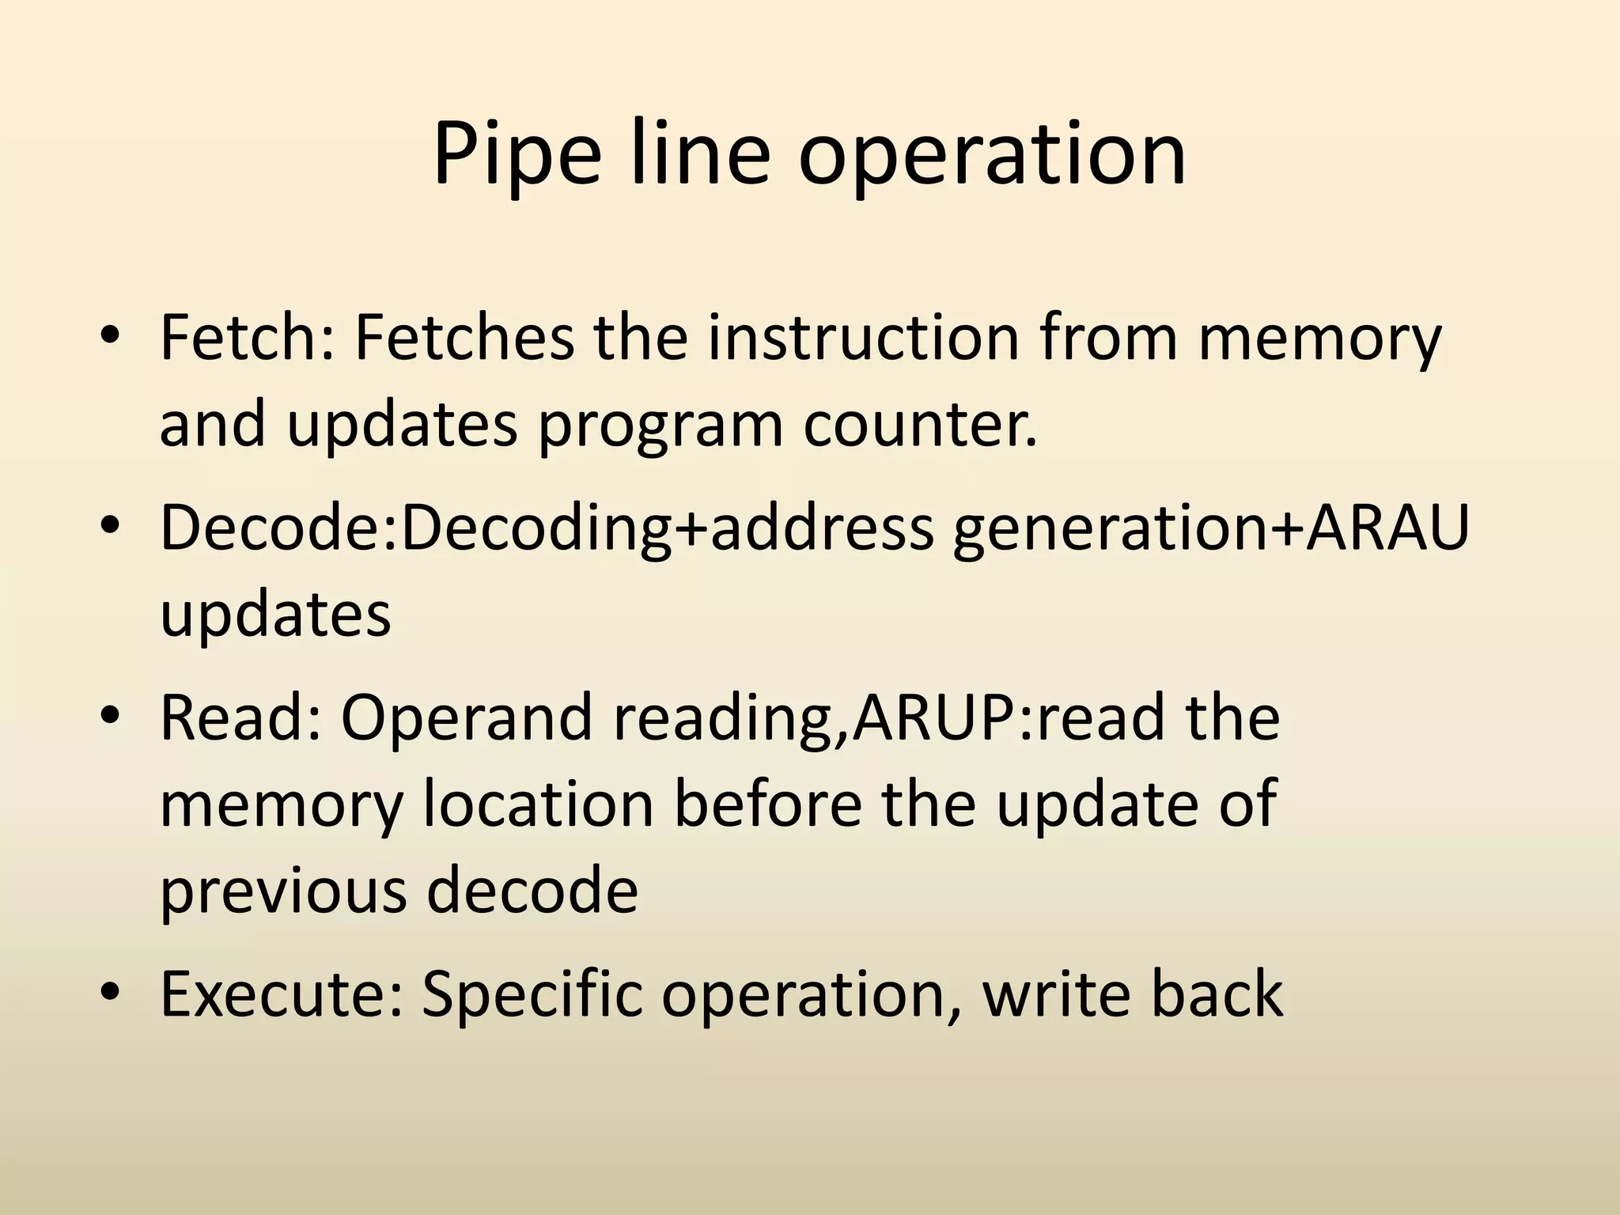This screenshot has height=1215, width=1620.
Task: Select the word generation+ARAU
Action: click(1210, 528)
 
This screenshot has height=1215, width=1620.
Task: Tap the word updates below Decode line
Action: click(275, 615)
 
